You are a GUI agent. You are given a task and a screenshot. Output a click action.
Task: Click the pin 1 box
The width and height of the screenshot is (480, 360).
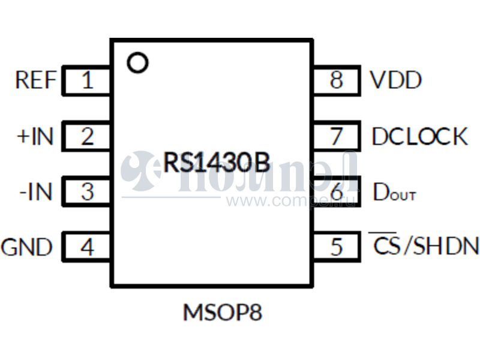pyautogui.click(x=87, y=80)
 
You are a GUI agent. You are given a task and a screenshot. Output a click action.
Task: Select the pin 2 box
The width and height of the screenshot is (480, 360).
pyautogui.click(x=87, y=137)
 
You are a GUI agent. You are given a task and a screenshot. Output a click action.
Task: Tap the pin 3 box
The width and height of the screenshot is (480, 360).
pyautogui.click(x=87, y=193)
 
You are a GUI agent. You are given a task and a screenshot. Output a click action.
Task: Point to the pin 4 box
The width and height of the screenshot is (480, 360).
pyautogui.click(x=87, y=247)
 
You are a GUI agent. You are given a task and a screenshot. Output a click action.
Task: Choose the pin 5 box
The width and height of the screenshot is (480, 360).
pyautogui.click(x=337, y=247)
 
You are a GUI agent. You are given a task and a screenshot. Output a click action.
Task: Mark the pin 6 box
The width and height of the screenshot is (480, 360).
pyautogui.click(x=337, y=193)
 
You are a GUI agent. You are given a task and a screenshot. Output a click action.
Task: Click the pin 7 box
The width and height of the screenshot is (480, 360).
pyautogui.click(x=337, y=137)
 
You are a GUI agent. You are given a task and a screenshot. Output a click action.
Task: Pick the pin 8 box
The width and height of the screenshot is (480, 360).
pyautogui.click(x=337, y=80)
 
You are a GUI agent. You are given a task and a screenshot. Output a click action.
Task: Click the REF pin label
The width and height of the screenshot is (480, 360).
pyautogui.click(x=36, y=80)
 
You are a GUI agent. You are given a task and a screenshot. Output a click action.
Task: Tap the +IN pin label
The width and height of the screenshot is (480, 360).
pyautogui.click(x=35, y=137)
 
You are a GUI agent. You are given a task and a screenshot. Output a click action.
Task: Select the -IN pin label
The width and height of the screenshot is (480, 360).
pyautogui.click(x=36, y=193)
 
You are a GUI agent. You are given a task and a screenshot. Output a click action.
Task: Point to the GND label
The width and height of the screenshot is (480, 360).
pyautogui.click(x=27, y=247)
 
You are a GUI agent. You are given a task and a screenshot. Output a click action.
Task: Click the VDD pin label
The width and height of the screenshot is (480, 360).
pyautogui.click(x=395, y=80)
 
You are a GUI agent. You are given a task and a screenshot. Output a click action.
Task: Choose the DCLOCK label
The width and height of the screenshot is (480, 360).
pyautogui.click(x=419, y=137)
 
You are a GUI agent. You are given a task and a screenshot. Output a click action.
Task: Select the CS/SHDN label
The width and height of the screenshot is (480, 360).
pyautogui.click(x=424, y=246)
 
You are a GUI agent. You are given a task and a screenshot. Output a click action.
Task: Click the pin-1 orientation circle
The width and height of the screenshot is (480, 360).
pyautogui.click(x=139, y=62)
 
